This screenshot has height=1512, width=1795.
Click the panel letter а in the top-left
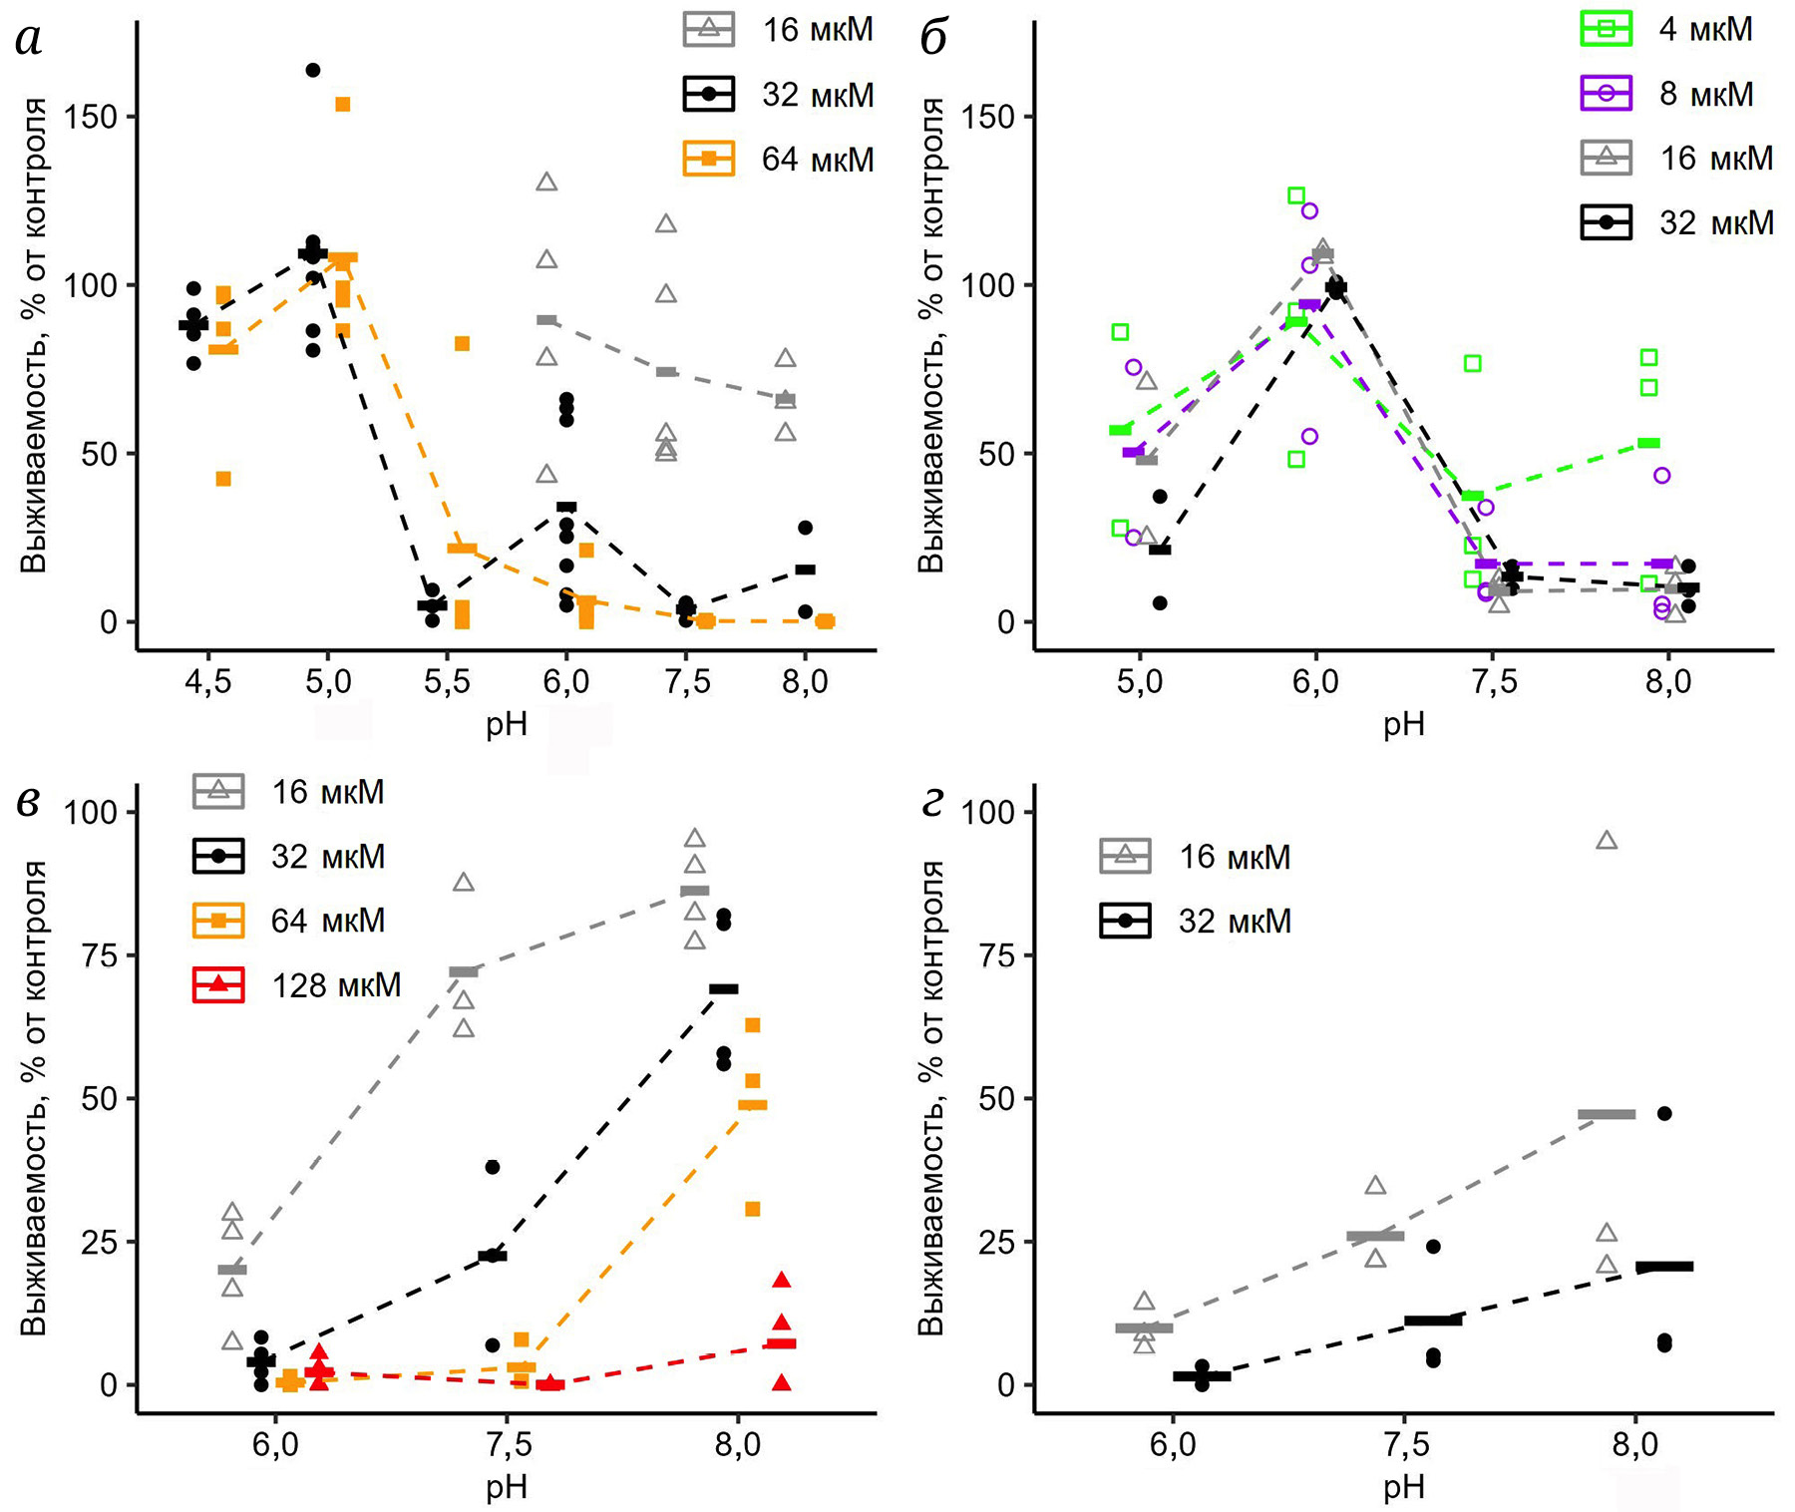30,41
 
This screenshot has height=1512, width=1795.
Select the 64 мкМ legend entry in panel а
779,160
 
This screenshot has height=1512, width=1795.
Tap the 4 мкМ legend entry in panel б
1675,30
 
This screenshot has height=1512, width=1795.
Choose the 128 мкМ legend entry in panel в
297,985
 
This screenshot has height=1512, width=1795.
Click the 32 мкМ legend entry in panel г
1196,921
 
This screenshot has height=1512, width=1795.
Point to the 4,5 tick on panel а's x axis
207,682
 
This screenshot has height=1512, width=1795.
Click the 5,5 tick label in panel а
447,682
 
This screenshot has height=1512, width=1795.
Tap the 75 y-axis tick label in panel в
100,955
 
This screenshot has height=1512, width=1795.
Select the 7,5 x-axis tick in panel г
1403,1445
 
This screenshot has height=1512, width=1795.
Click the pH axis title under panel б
1403,725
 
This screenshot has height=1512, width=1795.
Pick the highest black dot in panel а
313,70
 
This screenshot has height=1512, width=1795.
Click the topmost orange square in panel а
342,105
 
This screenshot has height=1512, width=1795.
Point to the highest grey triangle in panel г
1607,841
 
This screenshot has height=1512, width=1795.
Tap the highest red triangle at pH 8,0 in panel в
782,1280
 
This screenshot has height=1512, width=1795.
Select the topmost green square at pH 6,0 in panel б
1296,195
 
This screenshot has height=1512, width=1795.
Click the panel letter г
933,804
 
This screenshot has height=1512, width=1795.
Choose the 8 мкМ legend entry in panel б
1675,94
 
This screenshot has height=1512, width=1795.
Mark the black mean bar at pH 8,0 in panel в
723,988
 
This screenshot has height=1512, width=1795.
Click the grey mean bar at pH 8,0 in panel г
1607,1114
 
